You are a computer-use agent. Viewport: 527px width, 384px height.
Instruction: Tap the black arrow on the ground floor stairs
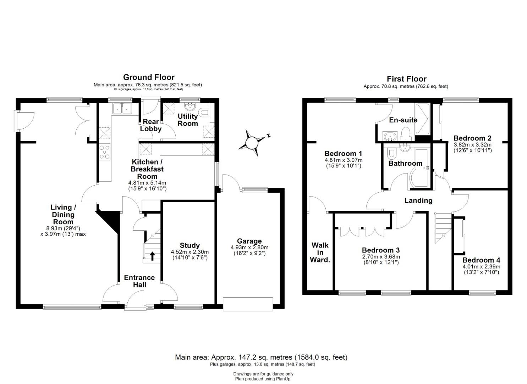tap(153, 256)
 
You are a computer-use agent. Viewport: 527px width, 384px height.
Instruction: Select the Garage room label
tap(249, 241)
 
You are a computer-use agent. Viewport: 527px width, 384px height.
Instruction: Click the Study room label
tap(190, 245)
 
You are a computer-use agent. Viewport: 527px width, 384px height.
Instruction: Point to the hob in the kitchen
tap(104, 152)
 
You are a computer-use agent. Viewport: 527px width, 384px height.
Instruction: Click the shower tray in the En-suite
tap(423, 119)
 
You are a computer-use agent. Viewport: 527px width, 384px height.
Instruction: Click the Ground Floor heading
tap(149, 77)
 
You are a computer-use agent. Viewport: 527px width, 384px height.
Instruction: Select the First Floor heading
tap(407, 79)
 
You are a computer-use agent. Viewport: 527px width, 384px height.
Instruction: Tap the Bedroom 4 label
tap(481, 260)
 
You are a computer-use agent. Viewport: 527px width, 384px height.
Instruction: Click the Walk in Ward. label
tap(320, 252)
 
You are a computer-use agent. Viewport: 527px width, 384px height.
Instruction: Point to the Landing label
tap(418, 201)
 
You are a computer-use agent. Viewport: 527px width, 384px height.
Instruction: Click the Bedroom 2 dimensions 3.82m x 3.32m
tap(473, 145)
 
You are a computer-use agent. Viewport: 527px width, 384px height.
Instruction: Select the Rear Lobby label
tap(151, 125)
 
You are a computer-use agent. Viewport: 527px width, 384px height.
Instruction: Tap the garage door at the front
tap(248, 304)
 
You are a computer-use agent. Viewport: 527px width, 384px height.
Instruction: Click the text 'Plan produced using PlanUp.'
tap(263, 379)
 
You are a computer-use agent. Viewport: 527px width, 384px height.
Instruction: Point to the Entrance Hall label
tap(139, 281)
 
